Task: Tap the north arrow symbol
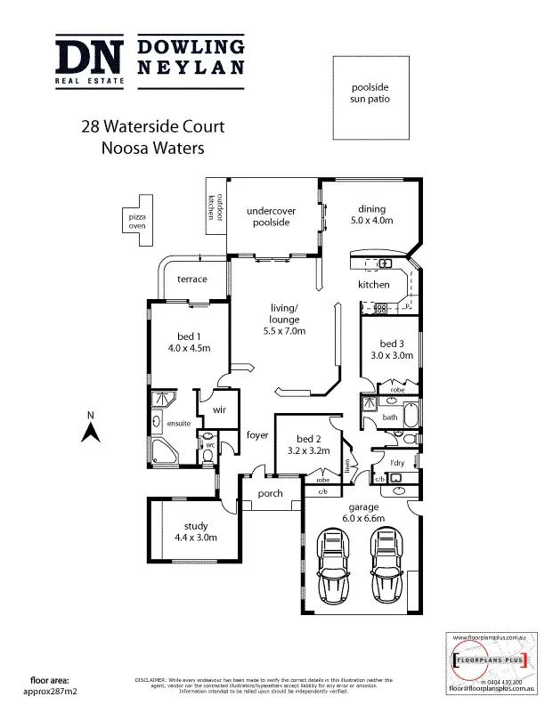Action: tap(90, 433)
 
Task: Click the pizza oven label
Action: tap(137, 222)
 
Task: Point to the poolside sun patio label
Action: tap(370, 93)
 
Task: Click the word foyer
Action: tap(258, 435)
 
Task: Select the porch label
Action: tap(270, 493)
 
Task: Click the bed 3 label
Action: tap(393, 344)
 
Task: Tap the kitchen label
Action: tap(374, 285)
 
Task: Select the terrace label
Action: tap(191, 280)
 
